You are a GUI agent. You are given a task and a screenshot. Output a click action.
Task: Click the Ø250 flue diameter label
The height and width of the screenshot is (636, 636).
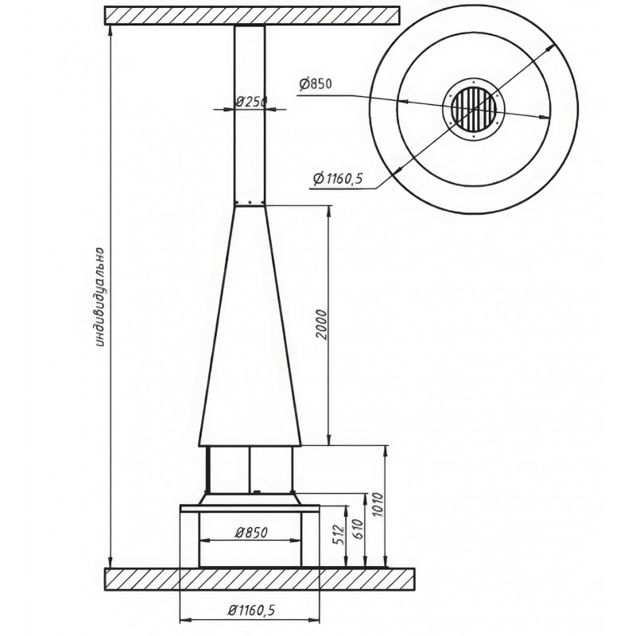click(x=250, y=102)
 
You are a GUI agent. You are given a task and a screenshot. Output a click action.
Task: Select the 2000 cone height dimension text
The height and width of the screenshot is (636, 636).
click(x=321, y=324)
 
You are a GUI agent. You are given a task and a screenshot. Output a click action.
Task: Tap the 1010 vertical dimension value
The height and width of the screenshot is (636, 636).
click(x=377, y=504)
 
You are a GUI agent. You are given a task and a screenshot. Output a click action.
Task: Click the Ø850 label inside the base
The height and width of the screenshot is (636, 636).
click(x=251, y=532)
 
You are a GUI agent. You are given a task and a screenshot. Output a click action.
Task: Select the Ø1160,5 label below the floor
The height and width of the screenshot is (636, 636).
click(x=251, y=610)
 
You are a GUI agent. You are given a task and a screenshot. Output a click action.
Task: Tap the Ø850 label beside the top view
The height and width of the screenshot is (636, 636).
click(x=316, y=83)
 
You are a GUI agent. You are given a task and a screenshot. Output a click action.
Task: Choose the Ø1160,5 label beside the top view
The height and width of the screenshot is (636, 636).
click(x=338, y=178)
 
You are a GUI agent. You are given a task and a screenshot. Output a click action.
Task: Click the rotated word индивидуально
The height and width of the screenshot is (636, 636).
click(x=101, y=297)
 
